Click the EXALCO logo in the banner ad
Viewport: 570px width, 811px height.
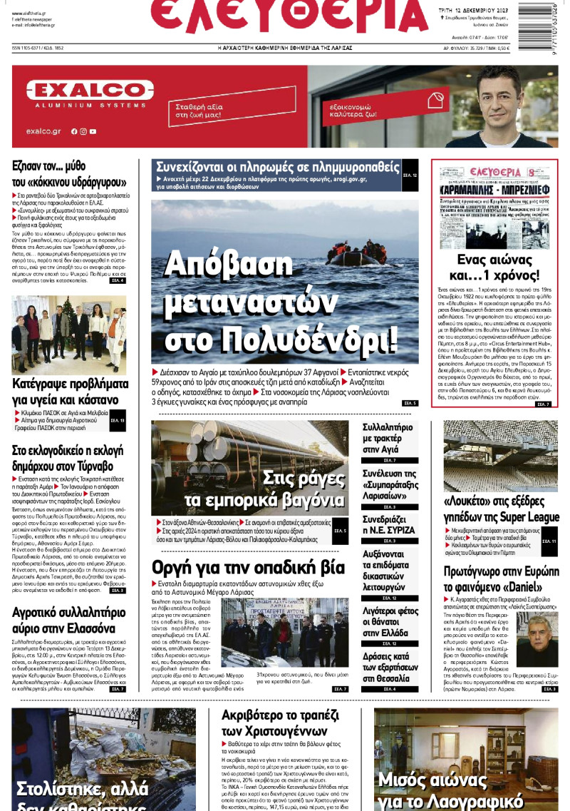click(90, 91)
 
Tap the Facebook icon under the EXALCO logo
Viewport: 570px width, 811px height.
click(73, 131)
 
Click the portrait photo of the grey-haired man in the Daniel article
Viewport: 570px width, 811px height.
click(537, 632)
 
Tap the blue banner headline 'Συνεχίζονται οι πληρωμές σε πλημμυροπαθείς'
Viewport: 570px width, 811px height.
click(278, 167)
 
